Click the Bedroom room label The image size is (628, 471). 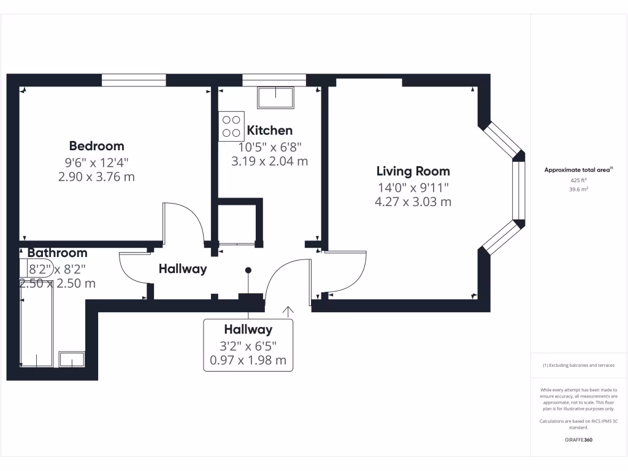click(x=96, y=146)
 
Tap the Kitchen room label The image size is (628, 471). click(x=269, y=130)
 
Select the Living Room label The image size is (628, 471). click(x=413, y=171)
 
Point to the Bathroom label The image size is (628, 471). click(x=57, y=253)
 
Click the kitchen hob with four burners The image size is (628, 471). click(x=231, y=126)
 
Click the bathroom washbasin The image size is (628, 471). click(x=72, y=359)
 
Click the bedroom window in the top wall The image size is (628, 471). click(x=134, y=80)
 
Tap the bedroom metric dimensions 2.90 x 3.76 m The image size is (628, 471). click(x=96, y=177)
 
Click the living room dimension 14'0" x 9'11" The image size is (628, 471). click(x=413, y=188)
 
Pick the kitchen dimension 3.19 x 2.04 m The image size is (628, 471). click(x=269, y=162)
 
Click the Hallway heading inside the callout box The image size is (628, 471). click(x=248, y=329)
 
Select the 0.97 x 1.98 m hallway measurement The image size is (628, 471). click(x=248, y=361)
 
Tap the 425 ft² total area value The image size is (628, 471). click(x=578, y=181)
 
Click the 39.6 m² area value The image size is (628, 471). click(x=578, y=190)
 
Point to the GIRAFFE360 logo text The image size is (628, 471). click(x=578, y=440)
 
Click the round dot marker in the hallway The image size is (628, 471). click(x=248, y=270)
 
